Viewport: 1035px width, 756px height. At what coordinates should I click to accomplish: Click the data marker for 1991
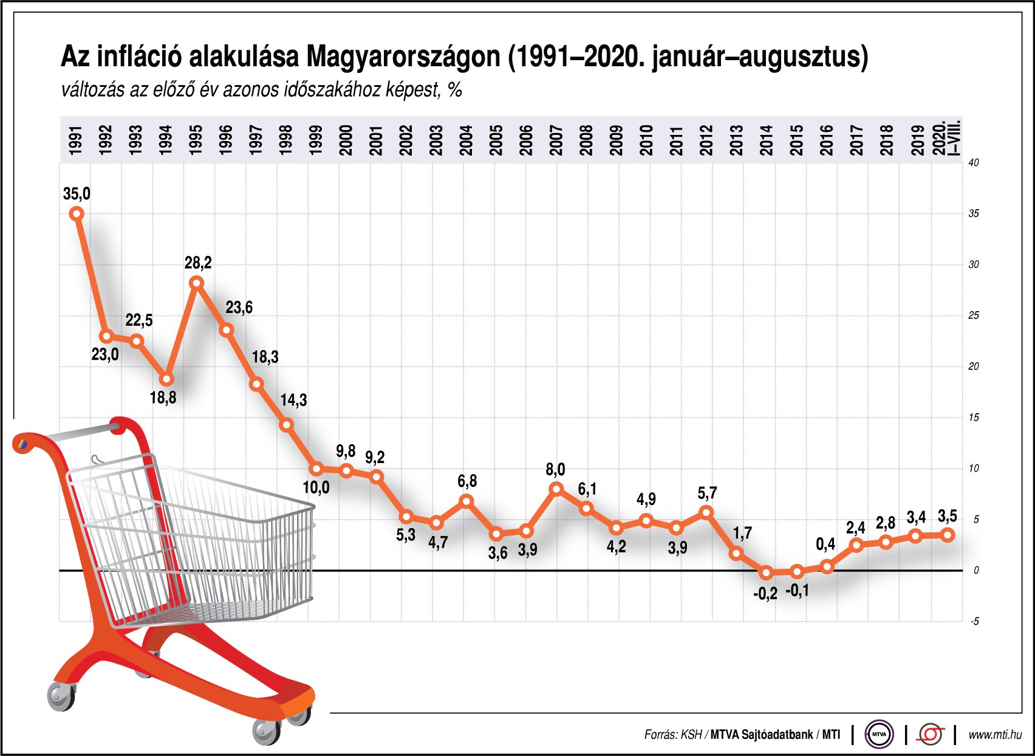click(77, 213)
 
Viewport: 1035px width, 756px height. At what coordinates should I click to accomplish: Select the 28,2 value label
click(198, 263)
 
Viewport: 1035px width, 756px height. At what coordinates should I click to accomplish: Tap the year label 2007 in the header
click(556, 140)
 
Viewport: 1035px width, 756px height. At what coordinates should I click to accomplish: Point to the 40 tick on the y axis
click(974, 163)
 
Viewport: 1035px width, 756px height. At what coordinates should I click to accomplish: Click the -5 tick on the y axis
click(974, 621)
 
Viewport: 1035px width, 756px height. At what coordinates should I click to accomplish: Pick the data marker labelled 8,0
click(556, 489)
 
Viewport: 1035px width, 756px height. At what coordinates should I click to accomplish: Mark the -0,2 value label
click(765, 594)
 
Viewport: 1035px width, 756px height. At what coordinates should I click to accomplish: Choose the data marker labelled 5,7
click(706, 512)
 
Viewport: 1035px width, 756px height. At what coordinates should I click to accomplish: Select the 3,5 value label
click(947, 517)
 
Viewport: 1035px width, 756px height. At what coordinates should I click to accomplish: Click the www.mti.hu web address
click(994, 735)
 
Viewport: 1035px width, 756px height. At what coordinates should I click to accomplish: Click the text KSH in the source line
click(691, 735)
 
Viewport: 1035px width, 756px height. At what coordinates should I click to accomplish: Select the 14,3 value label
click(293, 400)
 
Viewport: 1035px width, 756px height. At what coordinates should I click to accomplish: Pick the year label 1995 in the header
click(196, 140)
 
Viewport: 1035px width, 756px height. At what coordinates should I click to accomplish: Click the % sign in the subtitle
click(454, 90)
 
